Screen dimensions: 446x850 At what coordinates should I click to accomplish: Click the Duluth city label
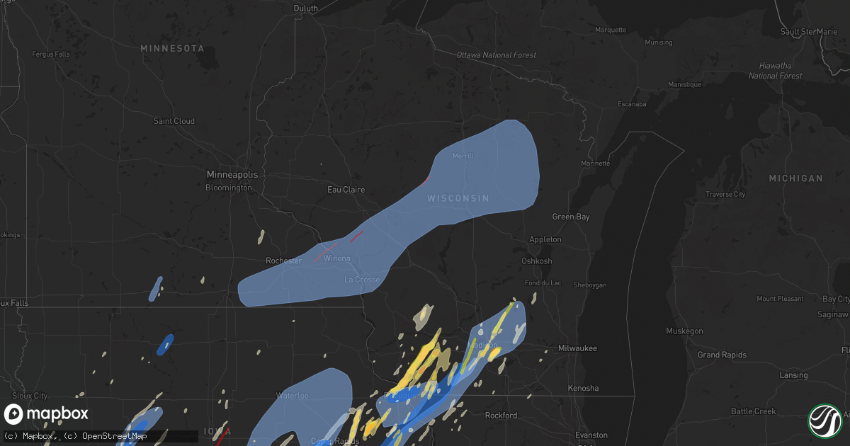pyautogui.click(x=306, y=8)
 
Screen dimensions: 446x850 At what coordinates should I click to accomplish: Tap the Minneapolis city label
pyautogui.click(x=232, y=174)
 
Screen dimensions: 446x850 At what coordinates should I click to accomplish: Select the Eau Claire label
pyautogui.click(x=346, y=190)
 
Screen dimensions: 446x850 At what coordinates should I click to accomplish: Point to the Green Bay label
pyautogui.click(x=571, y=217)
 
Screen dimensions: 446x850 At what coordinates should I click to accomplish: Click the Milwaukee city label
pyautogui.click(x=577, y=348)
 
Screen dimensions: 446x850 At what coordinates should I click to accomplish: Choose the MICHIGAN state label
pyautogui.click(x=795, y=178)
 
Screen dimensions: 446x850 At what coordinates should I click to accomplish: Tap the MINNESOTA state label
pyautogui.click(x=172, y=48)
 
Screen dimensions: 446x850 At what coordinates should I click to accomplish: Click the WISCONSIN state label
pyautogui.click(x=458, y=198)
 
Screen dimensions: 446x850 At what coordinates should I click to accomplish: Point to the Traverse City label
pyautogui.click(x=725, y=194)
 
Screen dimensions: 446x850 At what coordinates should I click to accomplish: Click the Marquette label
pyautogui.click(x=611, y=30)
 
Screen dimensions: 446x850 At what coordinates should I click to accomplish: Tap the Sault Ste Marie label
pyautogui.click(x=808, y=32)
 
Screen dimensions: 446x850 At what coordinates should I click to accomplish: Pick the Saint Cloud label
pyautogui.click(x=174, y=121)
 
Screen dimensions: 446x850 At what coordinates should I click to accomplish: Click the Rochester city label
pyautogui.click(x=284, y=261)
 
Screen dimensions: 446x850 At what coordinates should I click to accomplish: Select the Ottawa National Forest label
pyautogui.click(x=496, y=55)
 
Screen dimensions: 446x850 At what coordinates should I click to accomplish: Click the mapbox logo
pyautogui.click(x=47, y=414)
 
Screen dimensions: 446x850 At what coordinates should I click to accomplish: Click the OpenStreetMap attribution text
pyautogui.click(x=115, y=435)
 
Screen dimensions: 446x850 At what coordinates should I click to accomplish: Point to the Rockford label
pyautogui.click(x=501, y=416)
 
